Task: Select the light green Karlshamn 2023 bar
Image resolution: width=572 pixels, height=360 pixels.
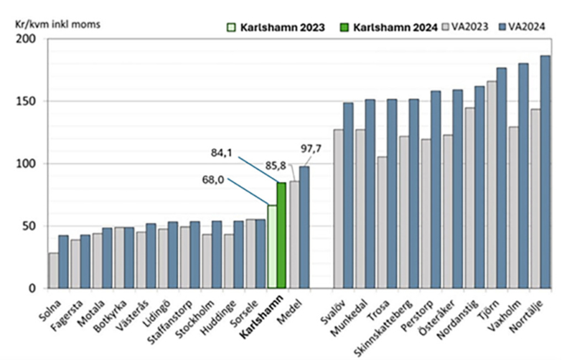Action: coord(271,247)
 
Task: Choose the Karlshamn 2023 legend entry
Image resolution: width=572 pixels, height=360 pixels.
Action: coord(272,27)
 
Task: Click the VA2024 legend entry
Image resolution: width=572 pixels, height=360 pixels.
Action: coord(521,27)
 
